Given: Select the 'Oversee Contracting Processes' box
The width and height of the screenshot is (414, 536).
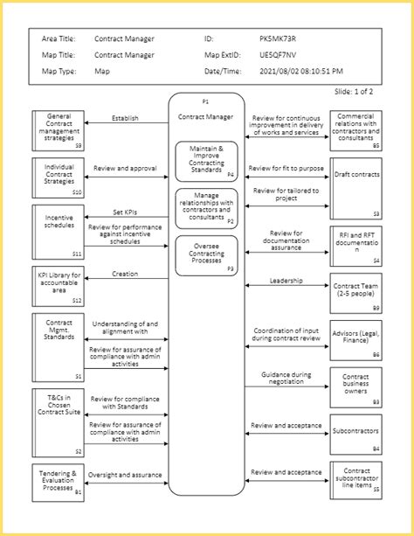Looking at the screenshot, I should point(206,254).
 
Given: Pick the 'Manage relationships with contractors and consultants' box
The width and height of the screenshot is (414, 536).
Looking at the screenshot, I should point(206,208).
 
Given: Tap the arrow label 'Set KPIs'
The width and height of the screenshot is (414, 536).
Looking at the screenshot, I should point(125,211).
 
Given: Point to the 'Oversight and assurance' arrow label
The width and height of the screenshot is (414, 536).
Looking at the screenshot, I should point(125,475).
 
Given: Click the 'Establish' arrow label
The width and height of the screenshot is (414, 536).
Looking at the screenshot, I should point(125,119).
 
